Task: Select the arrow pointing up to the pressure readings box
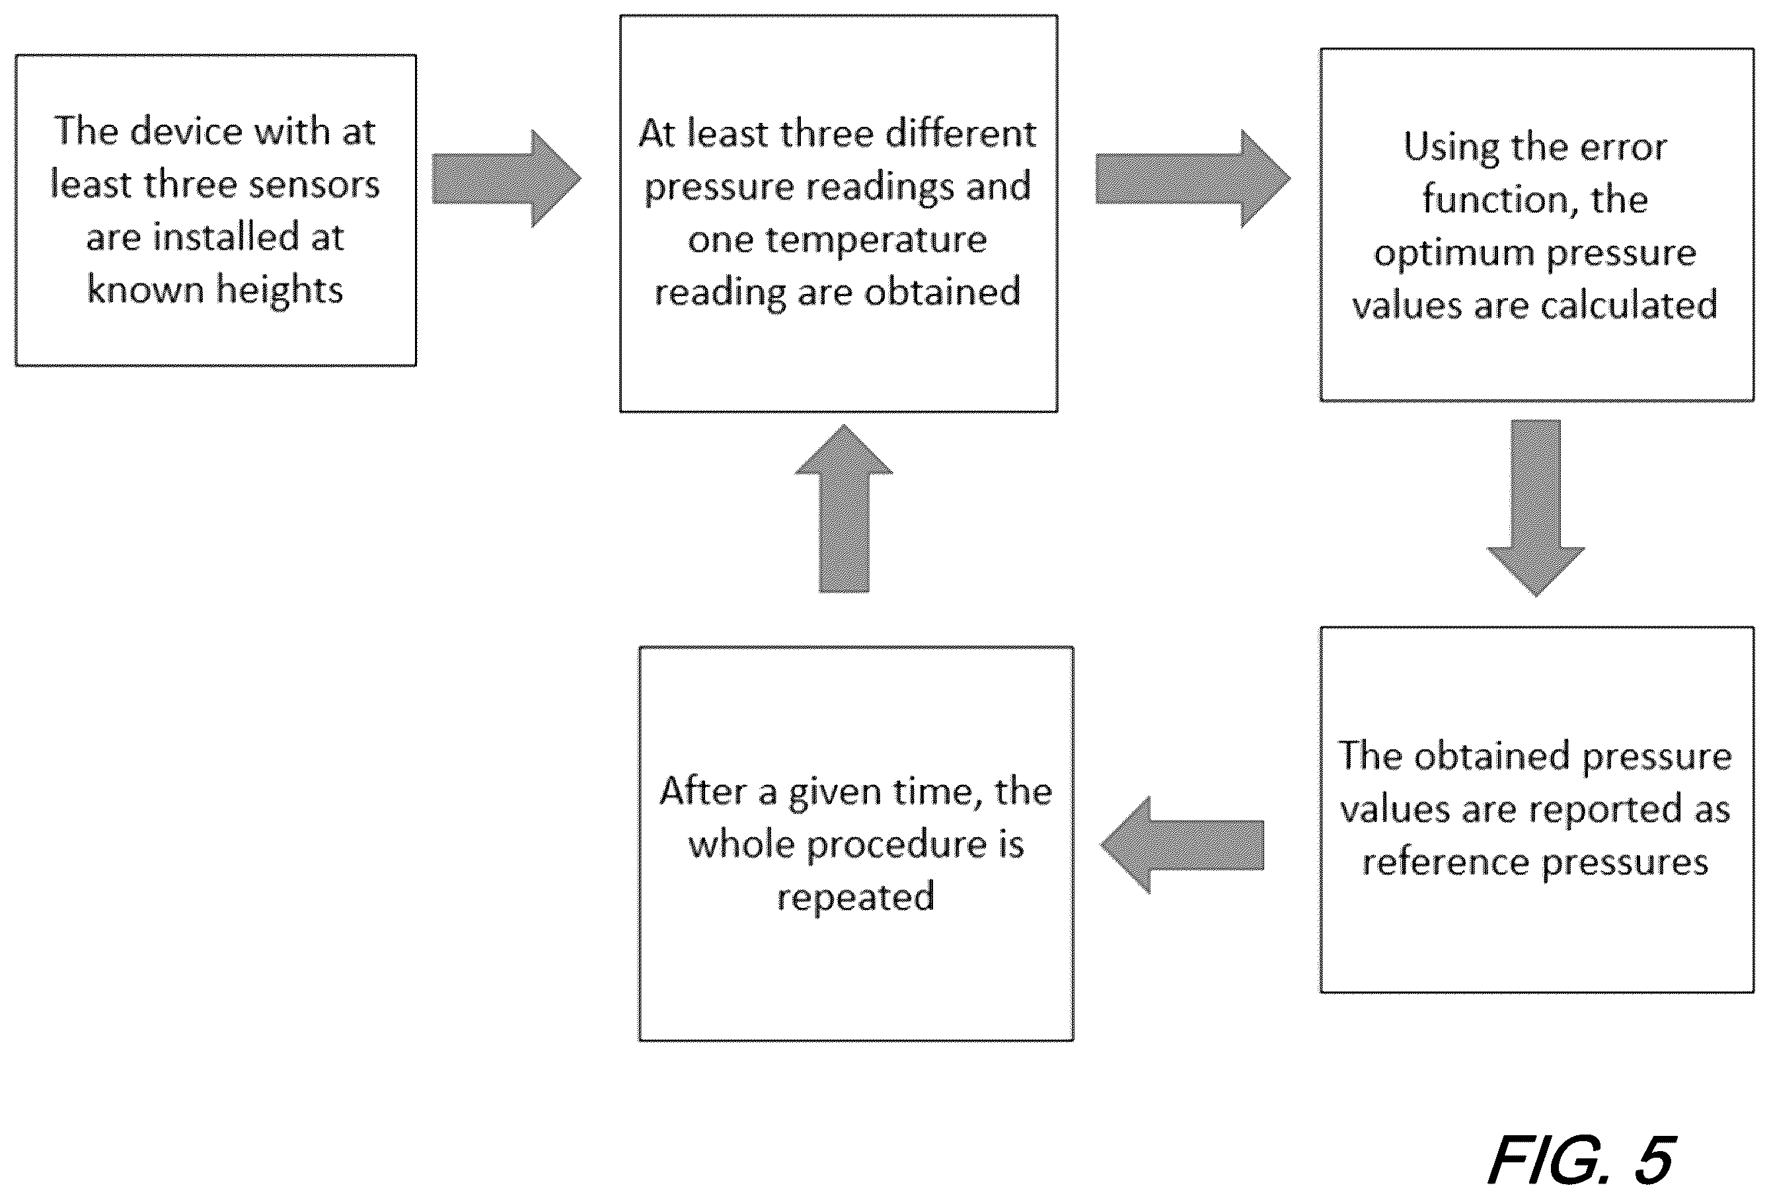[843, 508]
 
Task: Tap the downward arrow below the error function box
[1535, 508]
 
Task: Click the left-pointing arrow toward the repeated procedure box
[1182, 845]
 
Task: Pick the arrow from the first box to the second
[507, 179]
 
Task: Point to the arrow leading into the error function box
[1193, 179]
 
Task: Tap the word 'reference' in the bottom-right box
[1445, 862]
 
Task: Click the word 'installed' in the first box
[226, 237]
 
